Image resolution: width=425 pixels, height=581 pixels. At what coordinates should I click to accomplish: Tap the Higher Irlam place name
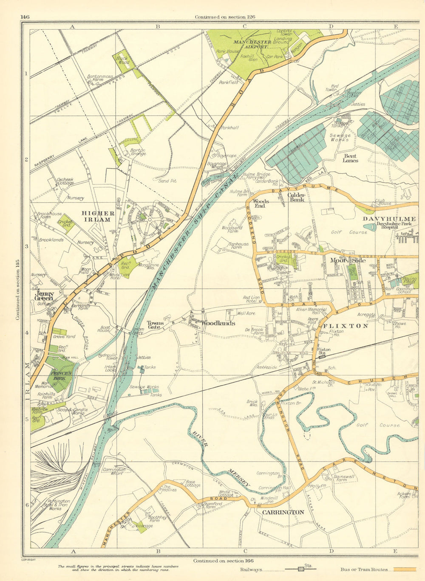tap(98, 216)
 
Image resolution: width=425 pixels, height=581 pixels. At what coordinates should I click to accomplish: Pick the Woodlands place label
tap(218, 323)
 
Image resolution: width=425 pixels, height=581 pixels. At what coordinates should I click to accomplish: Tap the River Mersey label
tap(221, 459)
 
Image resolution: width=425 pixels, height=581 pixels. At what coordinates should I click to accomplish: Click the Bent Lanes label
tap(350, 158)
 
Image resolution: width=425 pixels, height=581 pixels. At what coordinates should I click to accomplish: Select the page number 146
tap(24, 17)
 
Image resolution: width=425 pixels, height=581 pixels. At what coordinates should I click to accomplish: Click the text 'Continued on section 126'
tap(225, 17)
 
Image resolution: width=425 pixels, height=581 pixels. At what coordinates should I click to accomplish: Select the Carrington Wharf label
tap(114, 472)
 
